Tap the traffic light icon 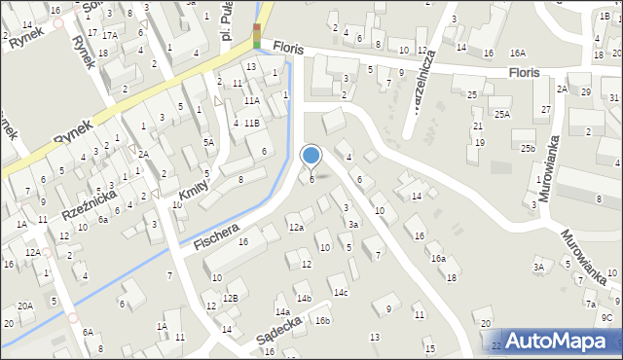pyautogui.click(x=257, y=36)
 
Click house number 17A pyautogui.click(x=110, y=35)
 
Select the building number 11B pyautogui.click(x=251, y=123)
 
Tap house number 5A pyautogui.click(x=207, y=142)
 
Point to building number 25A pyautogui.click(x=500, y=114)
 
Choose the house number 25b pyautogui.click(x=527, y=148)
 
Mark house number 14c pyautogui.click(x=340, y=292)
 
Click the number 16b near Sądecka pyautogui.click(x=322, y=320)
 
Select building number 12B pyautogui.click(x=230, y=298)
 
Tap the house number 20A pyautogui.click(x=24, y=306)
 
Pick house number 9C pyautogui.click(x=605, y=317)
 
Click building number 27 pyautogui.click(x=546, y=109)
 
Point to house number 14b pyautogui.click(x=304, y=298)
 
